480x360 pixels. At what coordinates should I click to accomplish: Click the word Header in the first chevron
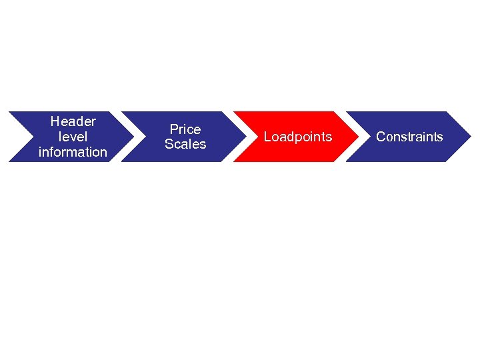pyautogui.click(x=73, y=121)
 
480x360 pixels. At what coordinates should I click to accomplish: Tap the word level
pyautogui.click(x=73, y=137)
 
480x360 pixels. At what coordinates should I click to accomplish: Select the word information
pyautogui.click(x=73, y=152)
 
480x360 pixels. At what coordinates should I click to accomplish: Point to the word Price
pyautogui.click(x=185, y=129)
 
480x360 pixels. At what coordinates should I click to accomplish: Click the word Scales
pyautogui.click(x=185, y=144)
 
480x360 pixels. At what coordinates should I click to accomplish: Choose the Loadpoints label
pyautogui.click(x=297, y=137)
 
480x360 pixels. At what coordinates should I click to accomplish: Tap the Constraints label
pyautogui.click(x=409, y=137)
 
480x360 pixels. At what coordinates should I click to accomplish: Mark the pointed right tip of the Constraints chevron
pyautogui.click(x=470, y=137)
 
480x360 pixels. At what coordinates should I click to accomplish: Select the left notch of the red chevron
pyautogui.click(x=257, y=137)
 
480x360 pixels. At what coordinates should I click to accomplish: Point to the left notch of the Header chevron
pyautogui.click(x=32, y=137)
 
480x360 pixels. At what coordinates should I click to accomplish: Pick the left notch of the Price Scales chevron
pyautogui.click(x=144, y=137)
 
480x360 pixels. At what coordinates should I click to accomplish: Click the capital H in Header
pyautogui.click(x=55, y=121)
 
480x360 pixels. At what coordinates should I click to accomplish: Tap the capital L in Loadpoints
pyautogui.click(x=267, y=137)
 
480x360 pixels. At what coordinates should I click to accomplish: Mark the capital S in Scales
pyautogui.click(x=169, y=144)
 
